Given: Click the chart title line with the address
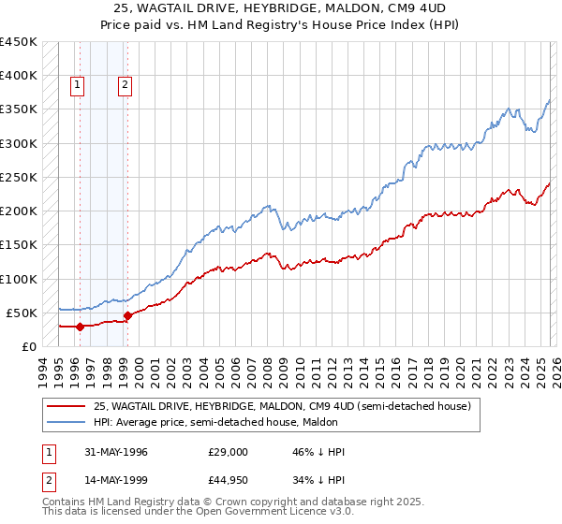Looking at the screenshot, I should pos(280,8).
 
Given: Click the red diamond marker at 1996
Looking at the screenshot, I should pos(80,327).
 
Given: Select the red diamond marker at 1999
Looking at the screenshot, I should pos(127,315).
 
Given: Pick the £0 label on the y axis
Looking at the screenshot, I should pos(29,346).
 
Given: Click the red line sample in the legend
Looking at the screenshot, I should pos(67,406).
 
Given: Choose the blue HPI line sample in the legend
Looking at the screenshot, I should pos(67,422).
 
